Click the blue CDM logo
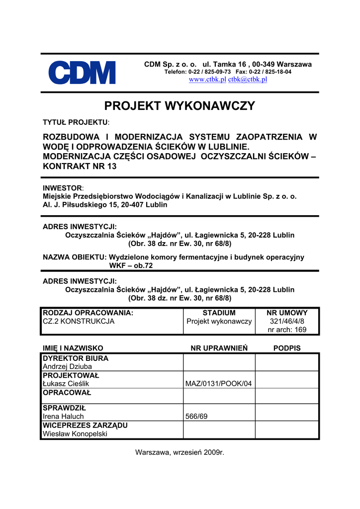tap(82, 73)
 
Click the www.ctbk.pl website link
tap(207, 80)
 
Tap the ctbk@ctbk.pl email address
tap(247, 80)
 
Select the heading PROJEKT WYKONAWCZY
tap(180, 106)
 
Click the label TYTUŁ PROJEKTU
tap(75, 122)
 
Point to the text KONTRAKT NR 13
tap(80, 167)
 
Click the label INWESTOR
tap(62, 188)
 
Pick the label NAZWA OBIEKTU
tap(75, 257)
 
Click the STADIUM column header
tap(219, 313)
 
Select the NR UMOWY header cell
tap(287, 313)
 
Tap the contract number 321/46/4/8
tap(287, 322)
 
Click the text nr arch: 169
tap(287, 330)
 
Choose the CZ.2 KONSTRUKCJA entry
tap(79, 322)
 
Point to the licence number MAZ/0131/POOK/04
tap(218, 384)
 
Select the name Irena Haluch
tap(63, 417)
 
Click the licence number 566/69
tap(196, 417)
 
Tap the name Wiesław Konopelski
tap(75, 434)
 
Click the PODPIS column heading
tap(287, 348)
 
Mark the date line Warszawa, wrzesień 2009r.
tap(180, 453)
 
